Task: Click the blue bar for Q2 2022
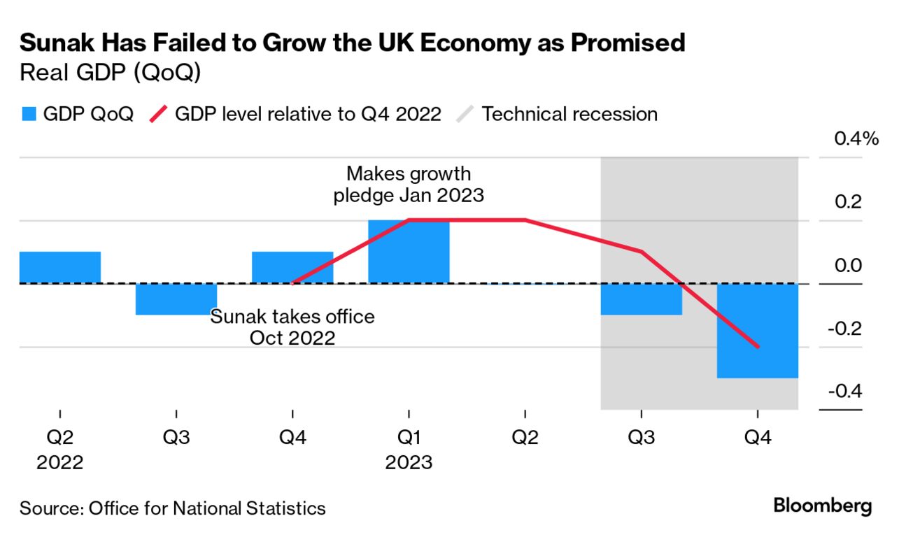click(60, 267)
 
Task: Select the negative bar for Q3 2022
click(176, 299)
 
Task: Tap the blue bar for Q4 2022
click(292, 267)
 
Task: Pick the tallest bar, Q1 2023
click(409, 252)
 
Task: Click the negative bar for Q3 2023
click(641, 299)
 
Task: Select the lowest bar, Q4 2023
click(757, 331)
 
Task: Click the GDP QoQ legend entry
click(77, 114)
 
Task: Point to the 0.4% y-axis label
click(856, 138)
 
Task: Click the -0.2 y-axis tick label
click(844, 328)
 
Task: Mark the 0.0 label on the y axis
click(846, 265)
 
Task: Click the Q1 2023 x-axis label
click(409, 450)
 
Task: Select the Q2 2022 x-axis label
click(60, 450)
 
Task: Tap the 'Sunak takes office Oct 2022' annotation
click(292, 327)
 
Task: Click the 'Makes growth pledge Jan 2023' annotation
click(409, 184)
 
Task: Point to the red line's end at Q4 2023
click(757, 347)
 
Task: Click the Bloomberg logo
click(823, 506)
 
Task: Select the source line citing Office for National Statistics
click(173, 508)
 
